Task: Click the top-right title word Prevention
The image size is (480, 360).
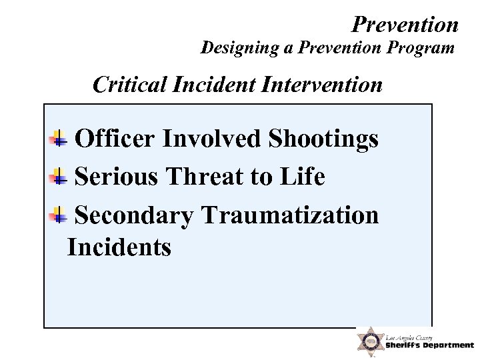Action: [405, 25]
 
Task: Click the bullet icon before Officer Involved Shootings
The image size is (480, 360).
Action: [59, 139]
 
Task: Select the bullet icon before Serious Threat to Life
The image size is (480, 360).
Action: [59, 177]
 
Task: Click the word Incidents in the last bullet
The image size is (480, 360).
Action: [119, 247]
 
